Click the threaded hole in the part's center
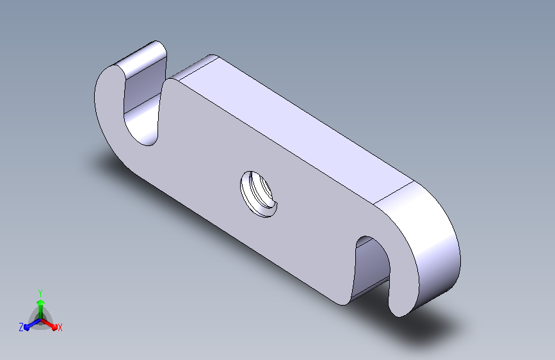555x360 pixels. pos(259,194)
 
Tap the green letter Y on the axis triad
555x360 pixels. pos(40,293)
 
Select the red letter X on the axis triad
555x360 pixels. pos(60,327)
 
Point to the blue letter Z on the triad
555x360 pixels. pos(21,327)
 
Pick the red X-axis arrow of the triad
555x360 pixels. pos(49,324)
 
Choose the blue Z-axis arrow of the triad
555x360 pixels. pos(32,324)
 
